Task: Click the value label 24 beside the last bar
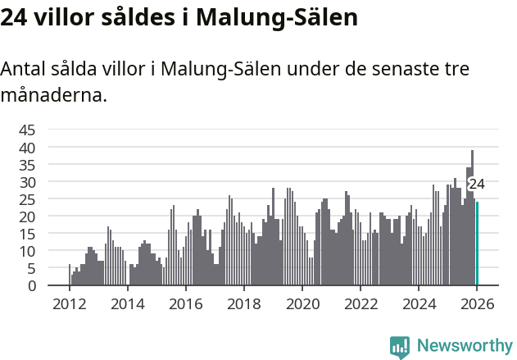click(477, 184)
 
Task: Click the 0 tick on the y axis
click(31, 285)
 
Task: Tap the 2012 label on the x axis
click(69, 303)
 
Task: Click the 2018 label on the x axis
click(243, 303)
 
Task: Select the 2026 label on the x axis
click(477, 303)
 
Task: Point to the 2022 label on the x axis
click(361, 303)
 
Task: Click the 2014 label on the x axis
click(127, 303)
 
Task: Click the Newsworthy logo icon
click(400, 346)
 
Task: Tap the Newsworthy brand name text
click(464, 346)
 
